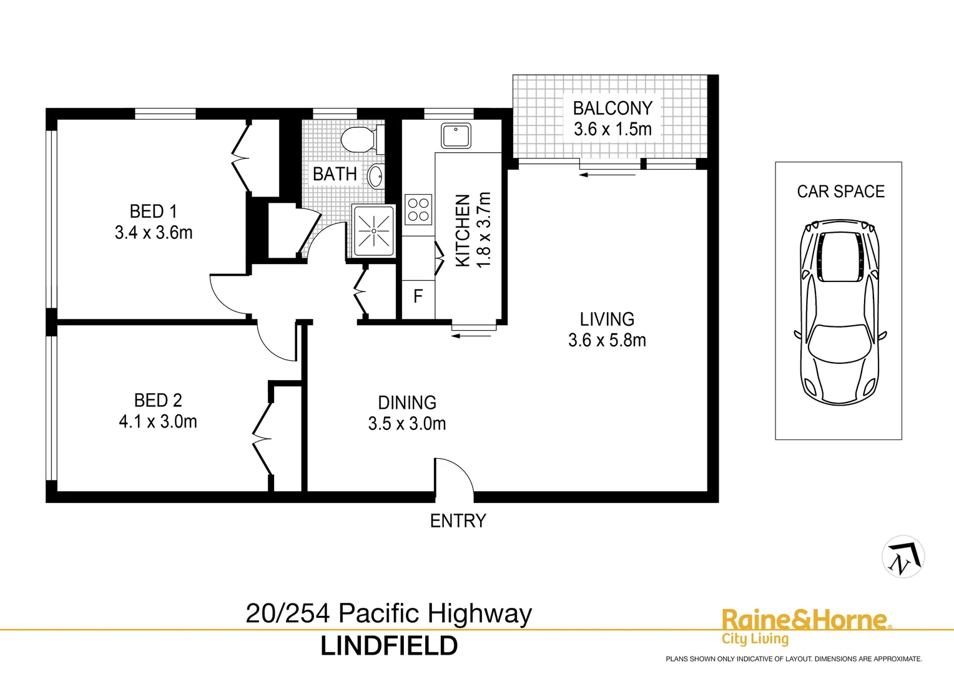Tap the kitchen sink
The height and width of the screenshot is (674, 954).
pyautogui.click(x=456, y=136)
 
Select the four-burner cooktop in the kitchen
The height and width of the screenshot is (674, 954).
pyautogui.click(x=418, y=210)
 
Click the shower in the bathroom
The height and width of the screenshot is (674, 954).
pyautogui.click(x=373, y=231)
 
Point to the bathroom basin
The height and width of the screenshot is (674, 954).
pyautogui.click(x=376, y=176)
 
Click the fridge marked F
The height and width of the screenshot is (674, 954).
pyautogui.click(x=418, y=296)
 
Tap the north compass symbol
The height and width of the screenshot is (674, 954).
pyautogui.click(x=903, y=557)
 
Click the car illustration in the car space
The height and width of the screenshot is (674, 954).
pyautogui.click(x=839, y=312)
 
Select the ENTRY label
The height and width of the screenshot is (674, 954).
pyautogui.click(x=458, y=520)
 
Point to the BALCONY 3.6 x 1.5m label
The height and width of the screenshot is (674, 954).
pyautogui.click(x=612, y=119)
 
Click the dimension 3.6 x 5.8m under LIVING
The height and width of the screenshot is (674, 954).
pyautogui.click(x=607, y=340)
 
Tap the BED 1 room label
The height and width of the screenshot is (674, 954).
pyautogui.click(x=153, y=212)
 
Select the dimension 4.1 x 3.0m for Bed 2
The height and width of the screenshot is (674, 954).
pyautogui.click(x=158, y=422)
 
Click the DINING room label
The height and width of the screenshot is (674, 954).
pyautogui.click(x=407, y=403)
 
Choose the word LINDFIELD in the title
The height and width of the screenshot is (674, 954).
pyautogui.click(x=389, y=646)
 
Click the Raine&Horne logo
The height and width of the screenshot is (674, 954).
pyautogui.click(x=804, y=626)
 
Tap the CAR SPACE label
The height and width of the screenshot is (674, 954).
pyautogui.click(x=840, y=192)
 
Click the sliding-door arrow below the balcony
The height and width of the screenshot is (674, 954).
pyautogui.click(x=607, y=175)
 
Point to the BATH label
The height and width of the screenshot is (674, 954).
pyautogui.click(x=335, y=174)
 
